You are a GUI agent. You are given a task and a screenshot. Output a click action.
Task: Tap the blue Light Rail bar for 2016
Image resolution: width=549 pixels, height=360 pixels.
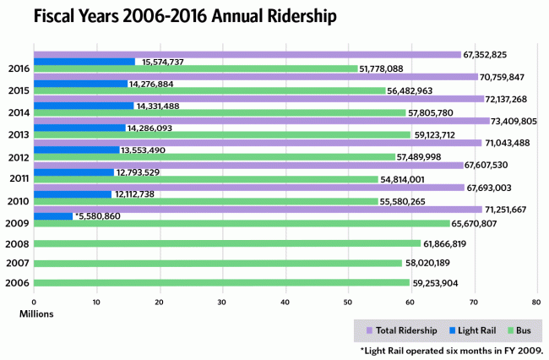tap(84, 62)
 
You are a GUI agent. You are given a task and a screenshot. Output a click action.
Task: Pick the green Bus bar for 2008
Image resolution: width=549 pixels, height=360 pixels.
tap(227, 243)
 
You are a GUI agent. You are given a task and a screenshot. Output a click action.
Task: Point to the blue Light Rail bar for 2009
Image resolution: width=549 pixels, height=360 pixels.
tap(53, 216)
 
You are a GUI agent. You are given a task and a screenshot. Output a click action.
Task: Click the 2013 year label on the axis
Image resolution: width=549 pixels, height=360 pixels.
tap(19, 134)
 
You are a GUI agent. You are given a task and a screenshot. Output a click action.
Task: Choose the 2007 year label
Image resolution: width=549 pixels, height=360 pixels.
tap(19, 263)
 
